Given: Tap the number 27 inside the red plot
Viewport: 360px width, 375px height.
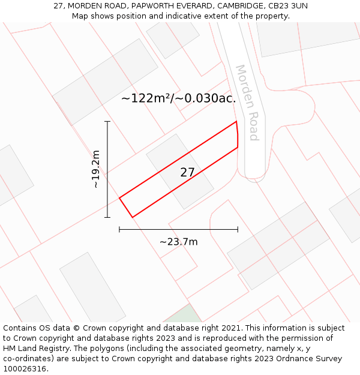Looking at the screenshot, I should (187, 172).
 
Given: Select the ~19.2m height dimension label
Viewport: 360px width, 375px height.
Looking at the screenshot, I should (96, 169).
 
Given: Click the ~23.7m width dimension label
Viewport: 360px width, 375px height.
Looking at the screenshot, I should (178, 242).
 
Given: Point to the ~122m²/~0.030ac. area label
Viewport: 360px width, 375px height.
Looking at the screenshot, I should (178, 98).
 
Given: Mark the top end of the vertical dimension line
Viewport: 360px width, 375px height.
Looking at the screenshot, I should (107, 122).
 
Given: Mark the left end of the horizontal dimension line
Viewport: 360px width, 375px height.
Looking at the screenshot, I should (119, 229).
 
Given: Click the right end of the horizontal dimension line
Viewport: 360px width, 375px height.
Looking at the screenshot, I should (238, 229).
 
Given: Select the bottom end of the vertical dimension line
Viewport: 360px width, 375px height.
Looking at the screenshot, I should (107, 217).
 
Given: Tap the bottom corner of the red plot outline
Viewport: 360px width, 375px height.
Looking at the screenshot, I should (132, 217).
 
